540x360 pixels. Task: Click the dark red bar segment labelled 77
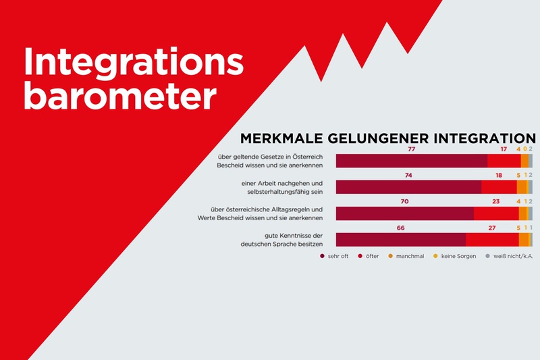click(411, 161)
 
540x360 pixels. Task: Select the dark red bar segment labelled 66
click(400, 240)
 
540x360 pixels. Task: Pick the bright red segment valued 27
click(492, 240)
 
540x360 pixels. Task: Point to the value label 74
click(409, 175)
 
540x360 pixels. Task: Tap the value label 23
click(496, 201)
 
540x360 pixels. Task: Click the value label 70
click(404, 201)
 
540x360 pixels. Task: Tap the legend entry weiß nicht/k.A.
click(510, 257)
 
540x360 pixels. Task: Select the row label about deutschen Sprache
click(284, 239)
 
